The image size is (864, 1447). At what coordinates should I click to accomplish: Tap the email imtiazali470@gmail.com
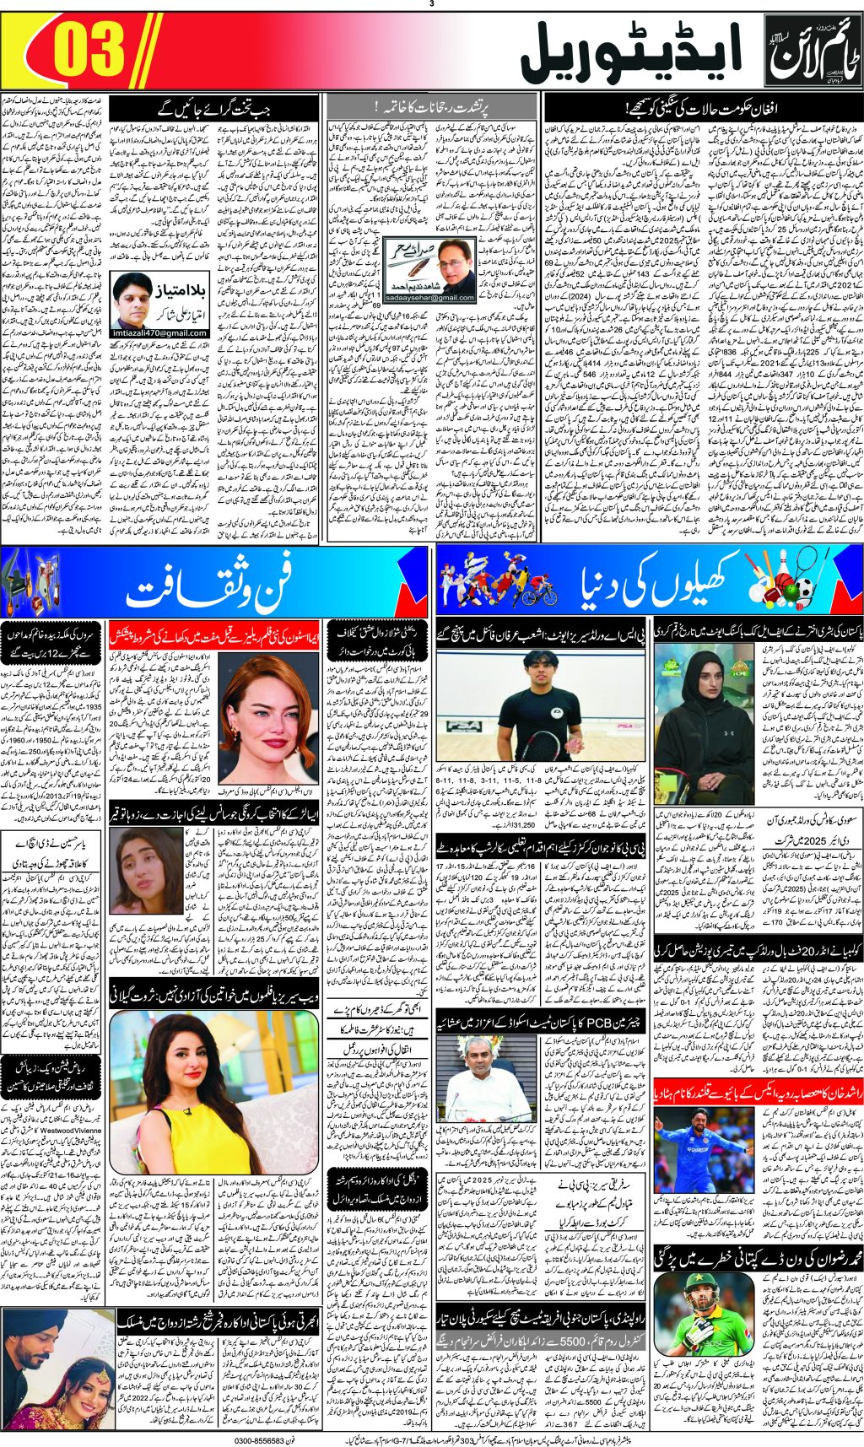click(x=160, y=333)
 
